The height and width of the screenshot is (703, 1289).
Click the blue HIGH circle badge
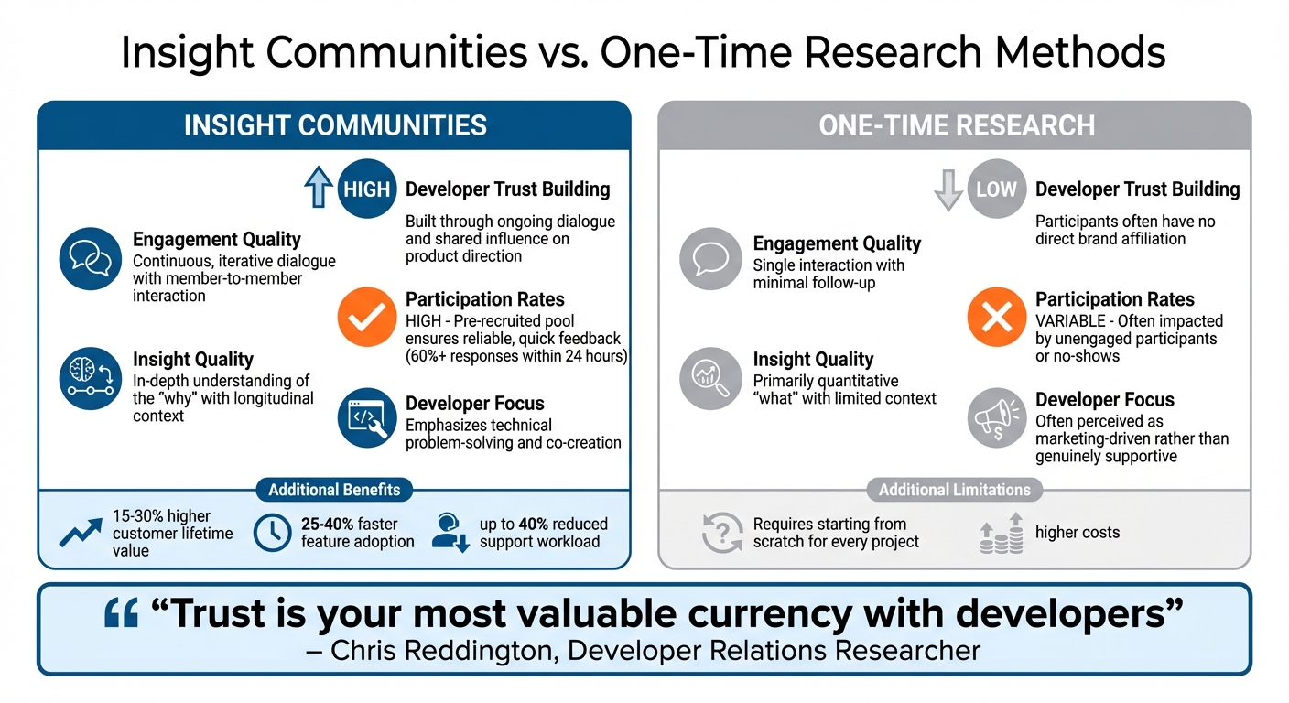click(x=367, y=189)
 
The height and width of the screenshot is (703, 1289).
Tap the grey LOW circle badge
click(x=996, y=189)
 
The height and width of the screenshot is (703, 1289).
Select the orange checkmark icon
click(x=367, y=317)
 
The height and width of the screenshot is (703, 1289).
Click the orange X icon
click(x=996, y=317)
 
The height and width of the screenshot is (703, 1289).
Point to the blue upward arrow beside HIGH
click(x=318, y=188)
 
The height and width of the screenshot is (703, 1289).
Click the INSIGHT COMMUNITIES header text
click(x=335, y=125)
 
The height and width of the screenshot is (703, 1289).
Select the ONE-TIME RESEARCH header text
click(x=956, y=125)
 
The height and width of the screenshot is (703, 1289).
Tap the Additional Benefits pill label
click(x=334, y=490)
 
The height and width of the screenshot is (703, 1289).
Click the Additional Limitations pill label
click(x=955, y=490)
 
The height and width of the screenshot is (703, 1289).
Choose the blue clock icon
click(x=272, y=533)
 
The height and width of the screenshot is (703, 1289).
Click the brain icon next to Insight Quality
click(x=90, y=377)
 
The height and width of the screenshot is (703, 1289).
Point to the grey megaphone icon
click(x=996, y=418)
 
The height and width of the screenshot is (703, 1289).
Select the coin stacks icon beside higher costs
click(x=1000, y=533)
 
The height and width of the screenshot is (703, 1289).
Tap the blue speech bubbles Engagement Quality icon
click(x=90, y=259)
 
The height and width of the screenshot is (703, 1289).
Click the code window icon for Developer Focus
click(x=367, y=418)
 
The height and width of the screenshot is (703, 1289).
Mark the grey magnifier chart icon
click(x=710, y=377)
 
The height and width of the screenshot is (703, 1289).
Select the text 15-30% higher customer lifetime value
click(x=172, y=533)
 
